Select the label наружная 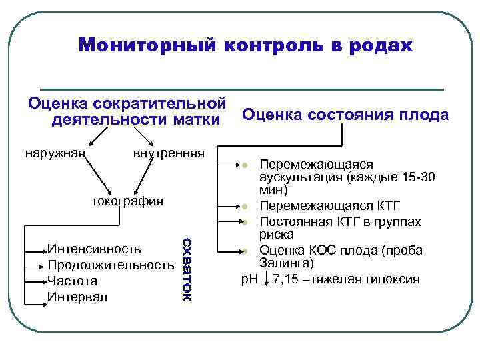(55, 153)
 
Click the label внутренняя (168, 153)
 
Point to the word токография (127, 201)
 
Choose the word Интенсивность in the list (94, 249)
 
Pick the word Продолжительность (111, 265)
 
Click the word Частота (72, 281)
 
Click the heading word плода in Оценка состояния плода (423, 115)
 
